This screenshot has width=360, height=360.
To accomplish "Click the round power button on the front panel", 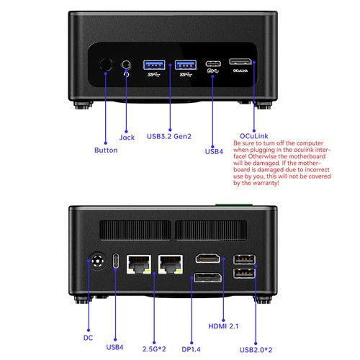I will click(105, 65).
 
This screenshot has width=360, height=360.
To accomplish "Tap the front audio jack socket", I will click(127, 66).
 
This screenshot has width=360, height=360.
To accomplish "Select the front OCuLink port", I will click(242, 62).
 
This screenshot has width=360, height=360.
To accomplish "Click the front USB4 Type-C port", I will click(212, 63).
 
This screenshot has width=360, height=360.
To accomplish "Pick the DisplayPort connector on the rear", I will click(207, 280).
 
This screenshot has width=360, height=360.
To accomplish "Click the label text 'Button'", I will click(106, 150).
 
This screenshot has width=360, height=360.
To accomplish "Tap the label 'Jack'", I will click(127, 137).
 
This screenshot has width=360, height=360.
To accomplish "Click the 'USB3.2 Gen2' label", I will click(168, 135).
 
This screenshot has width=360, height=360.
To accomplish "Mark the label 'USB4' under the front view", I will click(214, 151).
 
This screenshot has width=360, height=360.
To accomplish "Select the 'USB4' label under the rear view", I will click(115, 348).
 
